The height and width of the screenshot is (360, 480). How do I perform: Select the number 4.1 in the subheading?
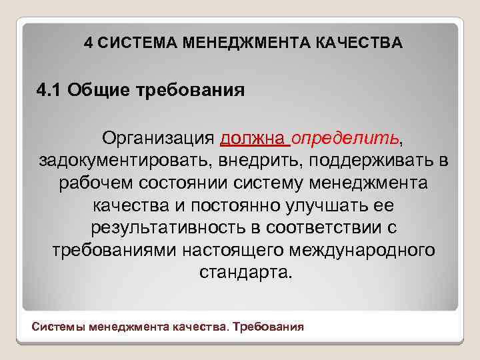click(x=49, y=89)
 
